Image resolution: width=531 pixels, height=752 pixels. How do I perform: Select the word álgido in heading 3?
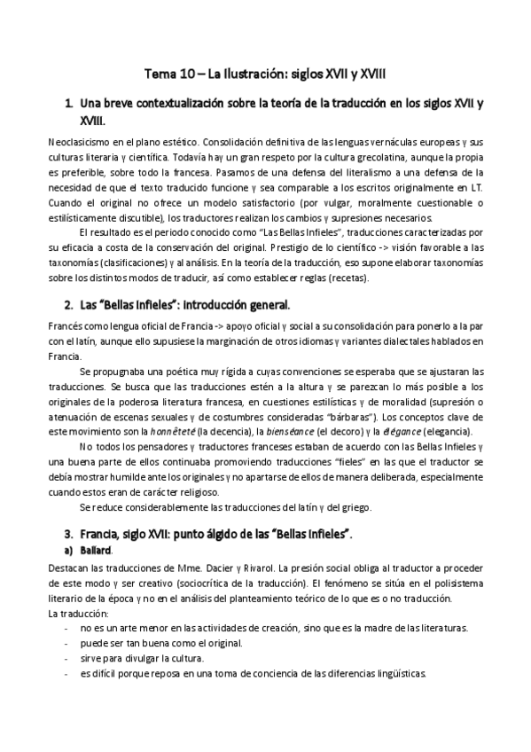click(x=216, y=534)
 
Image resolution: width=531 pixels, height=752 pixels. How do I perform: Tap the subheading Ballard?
click(x=95, y=550)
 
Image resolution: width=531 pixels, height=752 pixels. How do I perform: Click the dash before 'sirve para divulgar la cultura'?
click(x=69, y=658)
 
